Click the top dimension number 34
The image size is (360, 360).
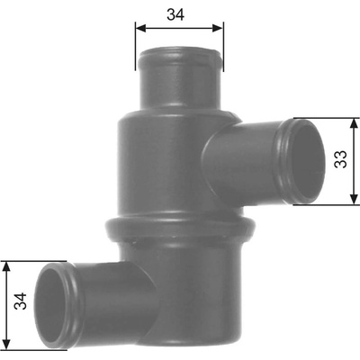pyautogui.click(x=175, y=14)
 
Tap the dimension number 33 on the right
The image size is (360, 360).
pyautogui.click(x=341, y=159)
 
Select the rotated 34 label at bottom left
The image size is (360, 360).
pyautogui.click(x=21, y=301)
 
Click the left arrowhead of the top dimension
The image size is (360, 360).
pyautogui.click(x=140, y=28)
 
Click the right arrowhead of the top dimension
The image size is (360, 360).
pyautogui.click(x=218, y=28)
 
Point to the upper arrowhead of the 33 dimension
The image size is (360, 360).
pyautogui.click(x=355, y=123)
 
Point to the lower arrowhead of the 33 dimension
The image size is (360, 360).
pyautogui.click(x=355, y=199)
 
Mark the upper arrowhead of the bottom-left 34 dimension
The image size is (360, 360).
pyautogui.click(x=6, y=266)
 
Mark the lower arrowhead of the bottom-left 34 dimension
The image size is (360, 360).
pyautogui.click(x=6, y=344)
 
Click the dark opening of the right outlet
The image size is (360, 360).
pyautogui.click(x=309, y=161)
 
